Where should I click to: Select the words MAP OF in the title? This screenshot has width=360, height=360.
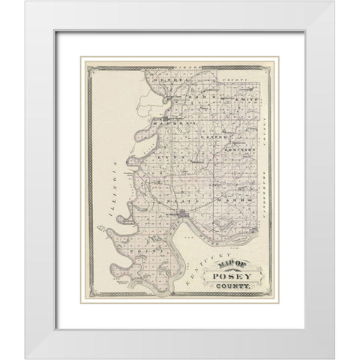tap(232, 261)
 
